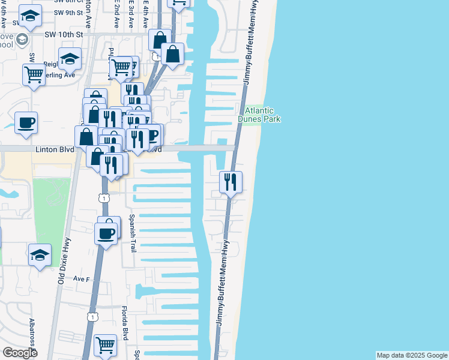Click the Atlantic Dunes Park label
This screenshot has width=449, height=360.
[x=259, y=115]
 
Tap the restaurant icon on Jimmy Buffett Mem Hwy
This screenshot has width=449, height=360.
[x=231, y=182]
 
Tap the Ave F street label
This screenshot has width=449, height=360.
[x=81, y=279]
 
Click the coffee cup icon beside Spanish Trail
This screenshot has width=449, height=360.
[x=106, y=233]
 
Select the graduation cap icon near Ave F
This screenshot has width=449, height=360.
[x=40, y=254]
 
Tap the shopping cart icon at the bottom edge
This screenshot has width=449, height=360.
[x=105, y=345]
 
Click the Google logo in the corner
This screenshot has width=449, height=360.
[x=19, y=353]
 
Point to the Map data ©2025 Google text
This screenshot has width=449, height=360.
[x=411, y=355]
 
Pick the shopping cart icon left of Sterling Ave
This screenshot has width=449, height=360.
[x=34, y=76]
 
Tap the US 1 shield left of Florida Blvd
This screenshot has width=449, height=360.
[x=92, y=316]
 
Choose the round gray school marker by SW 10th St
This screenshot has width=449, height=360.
[x=23, y=40]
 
